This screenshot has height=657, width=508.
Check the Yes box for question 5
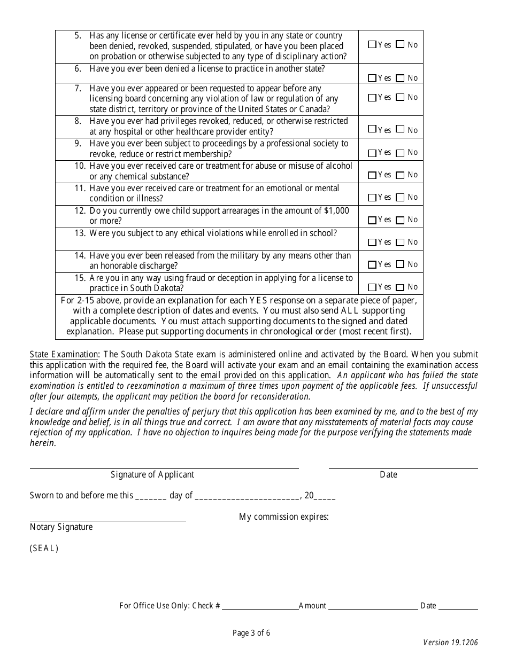[x=372, y=45]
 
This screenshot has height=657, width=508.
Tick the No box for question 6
[x=401, y=79]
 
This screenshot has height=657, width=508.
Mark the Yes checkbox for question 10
[x=372, y=175]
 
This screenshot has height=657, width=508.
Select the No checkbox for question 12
[x=401, y=220]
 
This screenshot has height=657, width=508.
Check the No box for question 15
[x=401, y=287]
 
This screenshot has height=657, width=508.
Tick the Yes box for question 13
[x=372, y=243]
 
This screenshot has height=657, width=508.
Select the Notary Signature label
[x=61, y=527]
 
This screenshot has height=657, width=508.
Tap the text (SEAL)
[x=44, y=549]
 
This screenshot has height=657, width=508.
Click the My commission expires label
[x=283, y=517]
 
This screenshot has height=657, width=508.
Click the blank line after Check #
[x=260, y=606]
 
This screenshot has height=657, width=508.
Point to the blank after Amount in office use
[x=373, y=606]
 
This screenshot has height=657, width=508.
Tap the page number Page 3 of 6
[x=251, y=633]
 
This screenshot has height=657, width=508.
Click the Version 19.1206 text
[x=450, y=643]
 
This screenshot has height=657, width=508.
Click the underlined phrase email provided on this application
[x=265, y=376]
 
